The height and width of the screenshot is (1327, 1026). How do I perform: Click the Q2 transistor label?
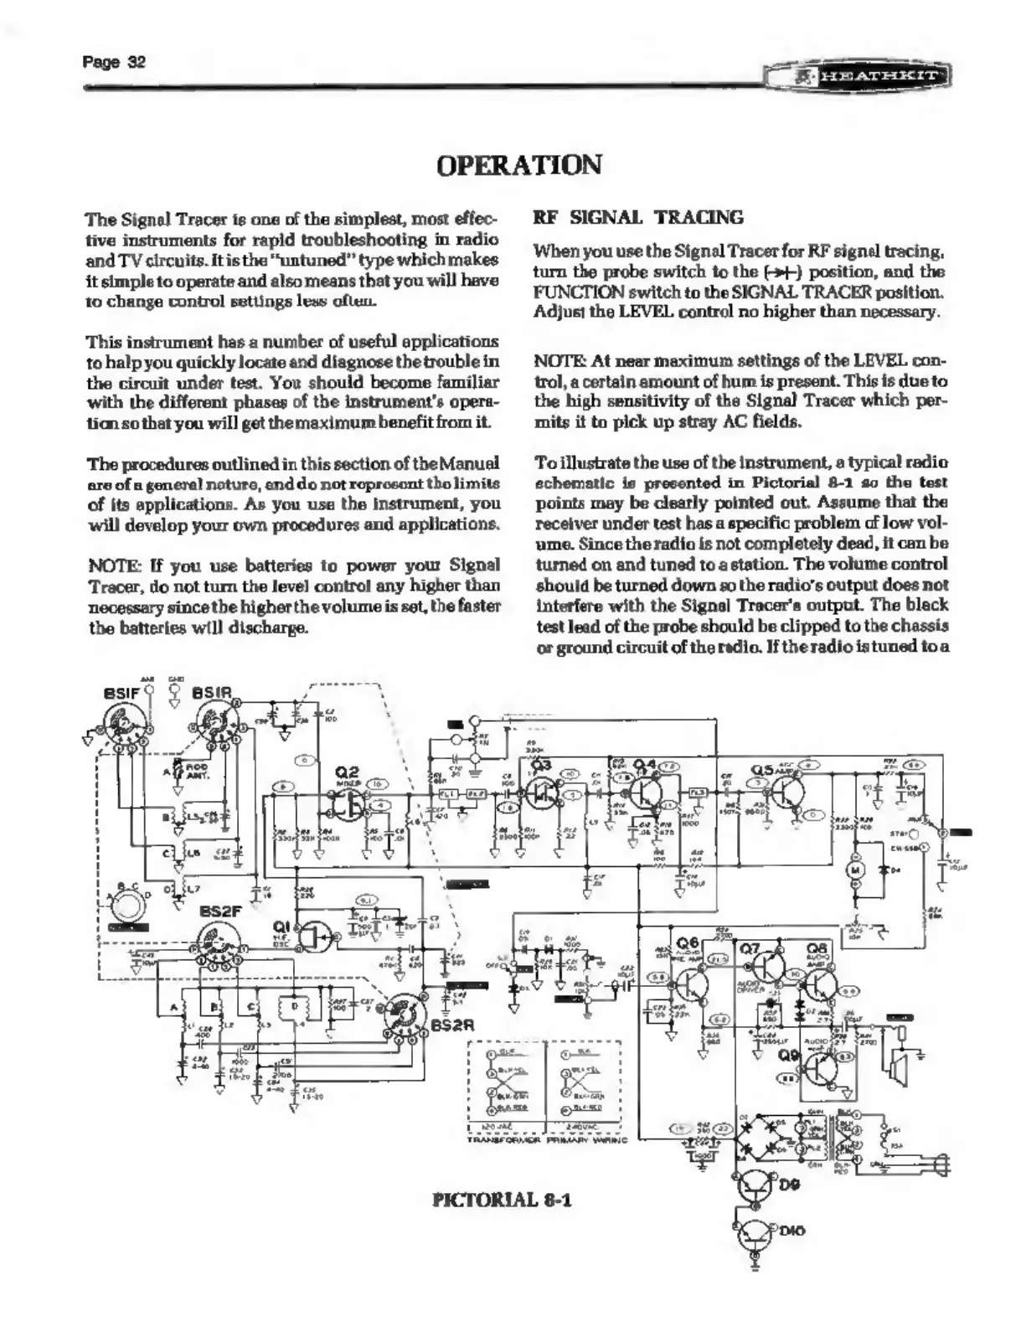tap(347, 772)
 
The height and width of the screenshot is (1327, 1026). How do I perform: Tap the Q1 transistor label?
tap(282, 926)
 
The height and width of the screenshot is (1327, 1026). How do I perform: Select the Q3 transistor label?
tap(541, 763)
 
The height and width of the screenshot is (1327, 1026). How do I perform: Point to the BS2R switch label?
tap(453, 1025)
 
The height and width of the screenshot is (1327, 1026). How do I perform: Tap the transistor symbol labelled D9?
tap(757, 1185)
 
